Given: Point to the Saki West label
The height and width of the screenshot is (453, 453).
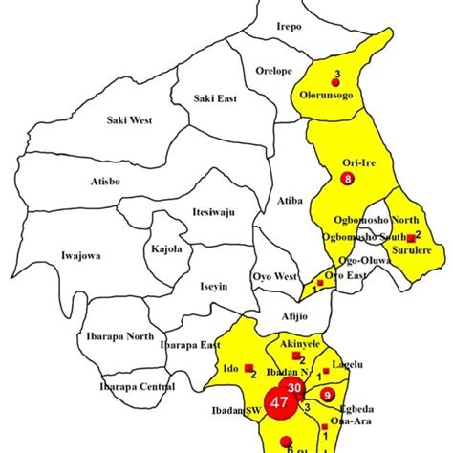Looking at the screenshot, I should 130,119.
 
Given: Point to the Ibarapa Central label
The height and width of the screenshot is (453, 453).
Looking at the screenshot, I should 137,387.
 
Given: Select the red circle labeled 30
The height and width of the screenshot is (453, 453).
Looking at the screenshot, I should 294,386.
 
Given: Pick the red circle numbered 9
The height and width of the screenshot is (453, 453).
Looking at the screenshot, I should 327,395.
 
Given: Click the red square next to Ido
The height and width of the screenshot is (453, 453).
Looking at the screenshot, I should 248,367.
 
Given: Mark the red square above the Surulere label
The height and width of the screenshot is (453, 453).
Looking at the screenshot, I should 410,237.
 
